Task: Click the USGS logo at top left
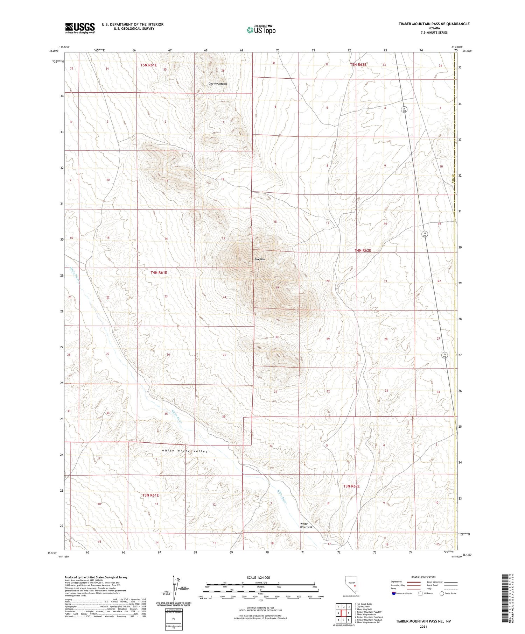pos(80,28)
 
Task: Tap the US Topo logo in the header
pos(261,30)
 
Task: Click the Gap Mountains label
pos(217,84)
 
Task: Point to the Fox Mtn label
pos(259,259)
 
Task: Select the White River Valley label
pos(184,451)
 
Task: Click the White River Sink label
pos(306,526)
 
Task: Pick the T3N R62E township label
pos(351,486)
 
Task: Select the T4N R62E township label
pos(363,250)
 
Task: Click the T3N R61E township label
pos(150,495)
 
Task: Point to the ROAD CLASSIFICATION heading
pos(423,577)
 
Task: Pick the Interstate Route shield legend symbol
pos(394,593)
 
